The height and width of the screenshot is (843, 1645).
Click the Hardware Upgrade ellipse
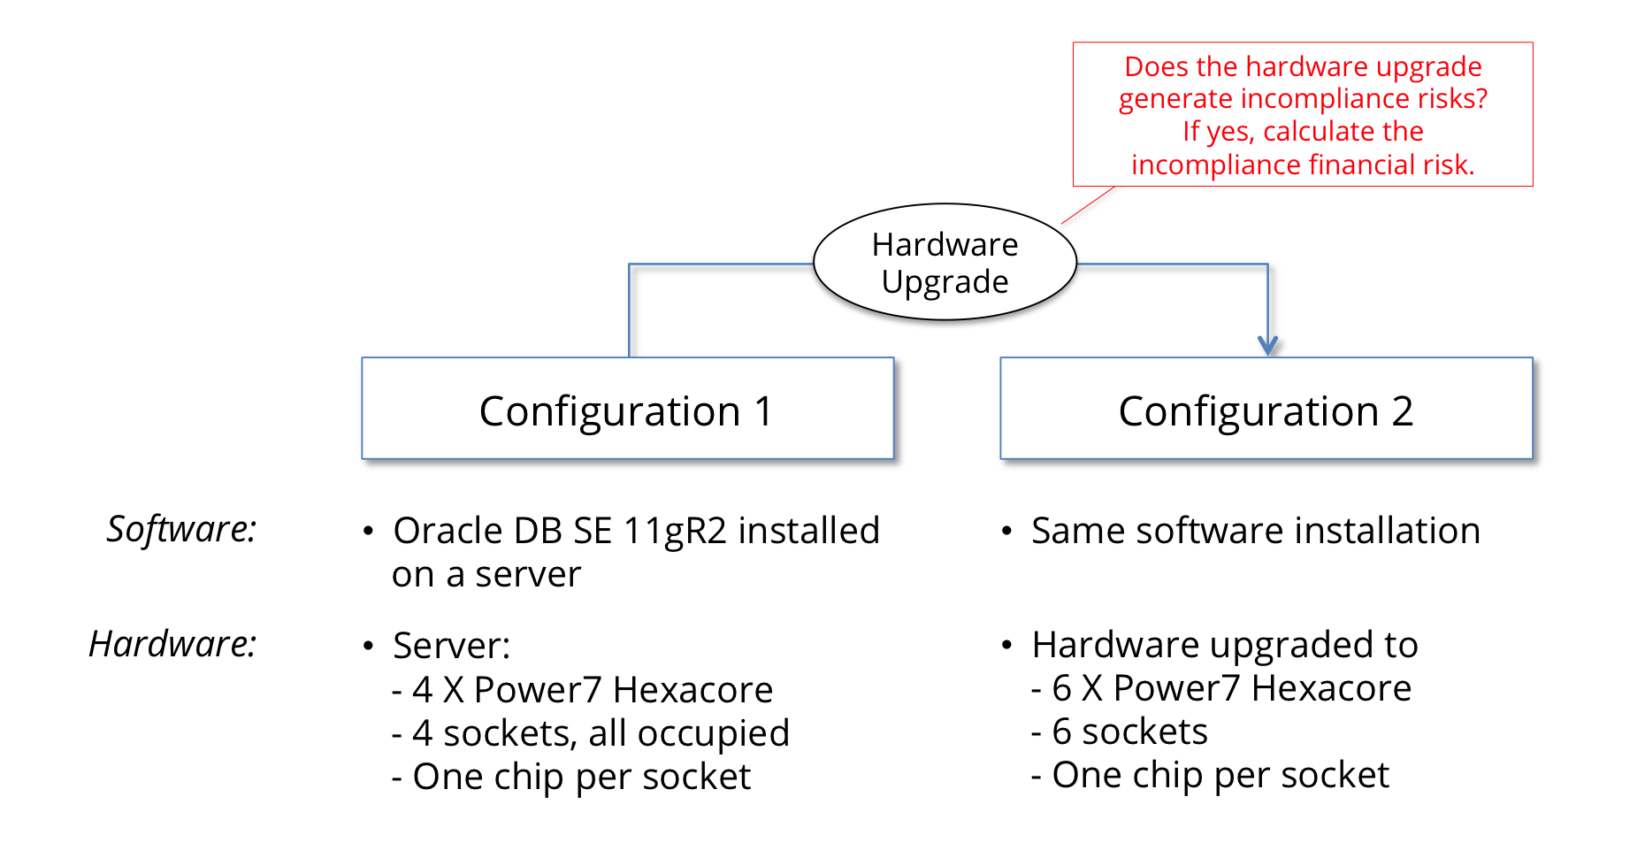tap(945, 263)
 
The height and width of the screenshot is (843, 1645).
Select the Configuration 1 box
tap(627, 409)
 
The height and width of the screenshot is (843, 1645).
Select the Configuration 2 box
tap(1266, 409)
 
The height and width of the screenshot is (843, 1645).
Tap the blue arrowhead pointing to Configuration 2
tap(1267, 345)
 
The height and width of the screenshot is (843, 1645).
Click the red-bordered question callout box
tap(1302, 115)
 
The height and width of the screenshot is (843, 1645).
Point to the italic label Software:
tap(181, 530)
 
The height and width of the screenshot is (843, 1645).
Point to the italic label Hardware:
tap(172, 644)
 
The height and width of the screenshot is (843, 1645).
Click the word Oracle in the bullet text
tap(448, 532)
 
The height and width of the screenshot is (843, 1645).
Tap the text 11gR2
tap(675, 532)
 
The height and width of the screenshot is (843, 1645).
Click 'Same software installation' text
tap(1255, 532)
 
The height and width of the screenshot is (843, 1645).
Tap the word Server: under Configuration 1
tap(452, 646)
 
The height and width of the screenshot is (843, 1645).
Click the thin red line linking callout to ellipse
tap(1088, 205)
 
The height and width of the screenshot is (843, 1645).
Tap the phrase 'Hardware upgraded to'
tap(1224, 645)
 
